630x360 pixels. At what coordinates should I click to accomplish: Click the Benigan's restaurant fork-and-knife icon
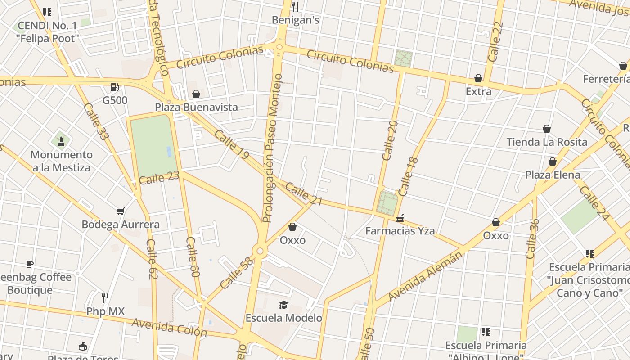coord(295,6)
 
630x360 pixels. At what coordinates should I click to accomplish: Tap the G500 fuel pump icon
coord(115,87)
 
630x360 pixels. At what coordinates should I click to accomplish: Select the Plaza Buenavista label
coord(196,107)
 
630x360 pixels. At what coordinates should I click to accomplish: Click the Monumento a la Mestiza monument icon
coord(61,142)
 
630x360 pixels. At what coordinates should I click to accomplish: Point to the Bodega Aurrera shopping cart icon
coord(120,211)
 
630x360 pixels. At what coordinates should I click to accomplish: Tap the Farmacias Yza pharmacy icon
coord(400,218)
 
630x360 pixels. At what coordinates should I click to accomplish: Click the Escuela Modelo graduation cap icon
coord(283,305)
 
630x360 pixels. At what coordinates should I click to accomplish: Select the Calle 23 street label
coord(159,178)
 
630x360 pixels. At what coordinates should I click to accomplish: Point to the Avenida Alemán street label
coord(425,276)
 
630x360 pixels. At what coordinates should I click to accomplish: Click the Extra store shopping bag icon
coord(478,79)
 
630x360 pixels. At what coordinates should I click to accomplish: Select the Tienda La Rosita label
coord(547,142)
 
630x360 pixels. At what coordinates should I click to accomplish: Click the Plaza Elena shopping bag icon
coord(553,162)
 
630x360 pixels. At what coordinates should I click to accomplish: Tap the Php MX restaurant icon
coord(105,298)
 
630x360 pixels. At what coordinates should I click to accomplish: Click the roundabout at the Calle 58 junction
coord(260,251)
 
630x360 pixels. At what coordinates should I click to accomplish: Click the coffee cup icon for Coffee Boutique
coord(30,264)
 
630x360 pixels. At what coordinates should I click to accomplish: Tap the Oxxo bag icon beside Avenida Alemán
coord(496,222)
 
